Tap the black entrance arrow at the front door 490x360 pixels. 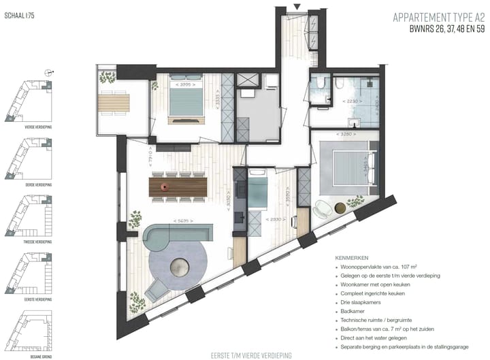296,7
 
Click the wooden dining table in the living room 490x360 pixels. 178,186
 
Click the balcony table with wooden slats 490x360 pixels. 114,103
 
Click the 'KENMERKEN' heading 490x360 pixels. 353,259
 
